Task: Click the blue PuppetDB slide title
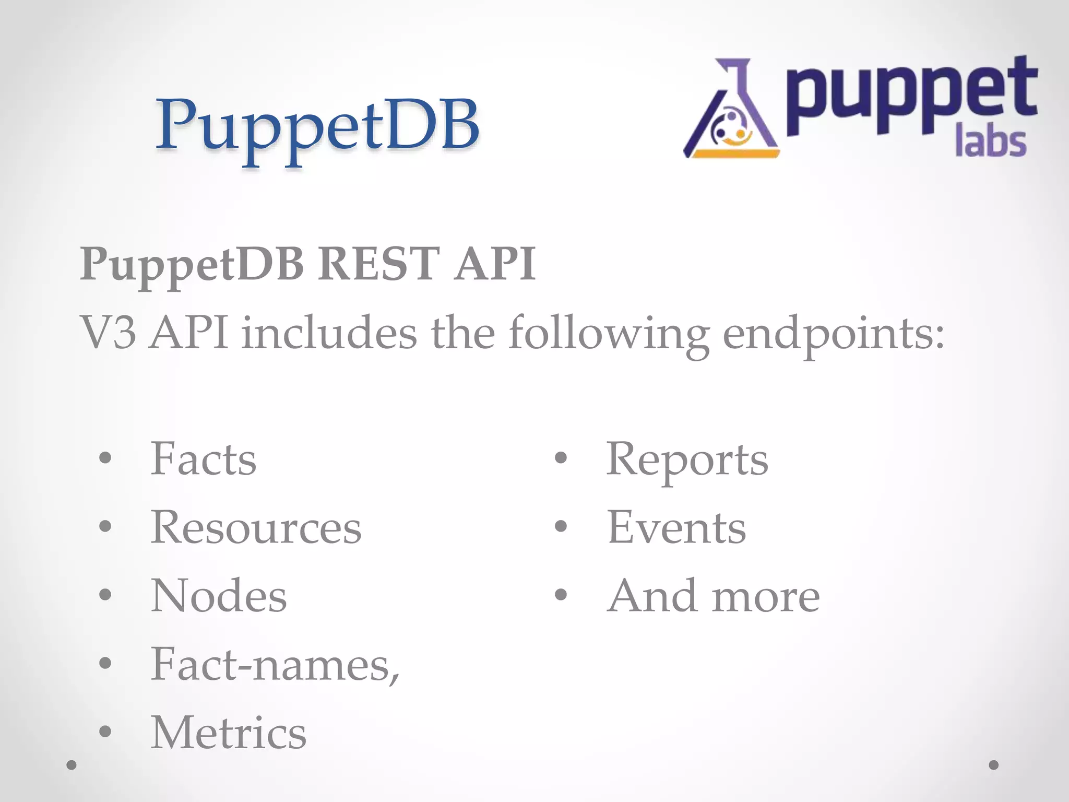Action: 317,128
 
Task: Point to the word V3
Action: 108,333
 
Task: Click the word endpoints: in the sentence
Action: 834,334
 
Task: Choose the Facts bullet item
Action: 204,459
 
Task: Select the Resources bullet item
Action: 256,527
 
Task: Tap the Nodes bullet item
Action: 219,596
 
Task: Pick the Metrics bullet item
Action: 229,733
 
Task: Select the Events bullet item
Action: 676,527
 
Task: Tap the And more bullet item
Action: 714,596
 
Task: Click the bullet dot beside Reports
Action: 561,458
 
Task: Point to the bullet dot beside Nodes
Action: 105,595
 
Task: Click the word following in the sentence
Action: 609,334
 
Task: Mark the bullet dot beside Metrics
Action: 105,732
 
